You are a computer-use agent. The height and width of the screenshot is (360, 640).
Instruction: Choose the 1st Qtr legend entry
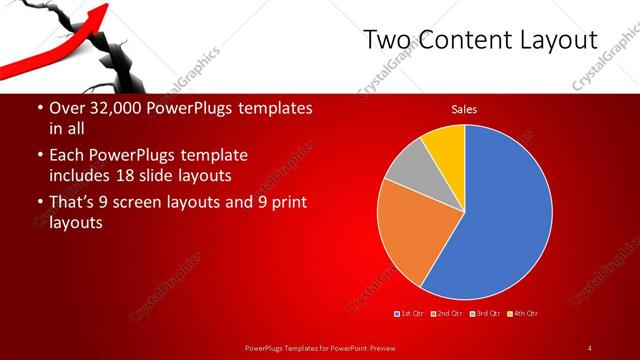point(409,314)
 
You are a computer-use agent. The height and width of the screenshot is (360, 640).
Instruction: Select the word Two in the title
point(384,40)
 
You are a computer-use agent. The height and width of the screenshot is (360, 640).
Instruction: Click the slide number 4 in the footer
point(589,347)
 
